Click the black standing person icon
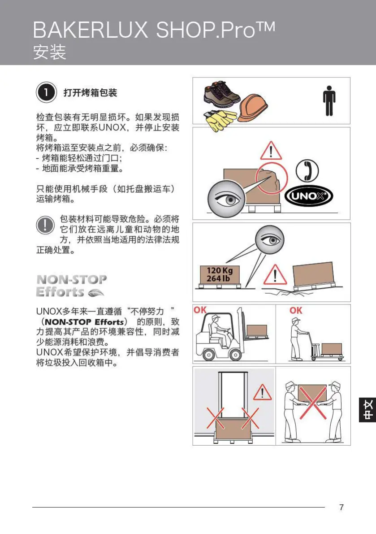(x=329, y=100)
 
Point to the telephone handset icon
(x=307, y=171)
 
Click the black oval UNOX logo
(x=309, y=196)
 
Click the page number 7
(x=341, y=508)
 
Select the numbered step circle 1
(x=46, y=92)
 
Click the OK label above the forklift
(x=200, y=310)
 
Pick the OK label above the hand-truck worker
(x=296, y=310)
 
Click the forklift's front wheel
(x=235, y=355)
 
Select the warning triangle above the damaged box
(x=271, y=151)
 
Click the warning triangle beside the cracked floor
(x=275, y=274)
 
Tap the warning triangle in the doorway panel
(x=262, y=392)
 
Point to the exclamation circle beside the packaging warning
(x=45, y=225)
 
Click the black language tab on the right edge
(x=367, y=410)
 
